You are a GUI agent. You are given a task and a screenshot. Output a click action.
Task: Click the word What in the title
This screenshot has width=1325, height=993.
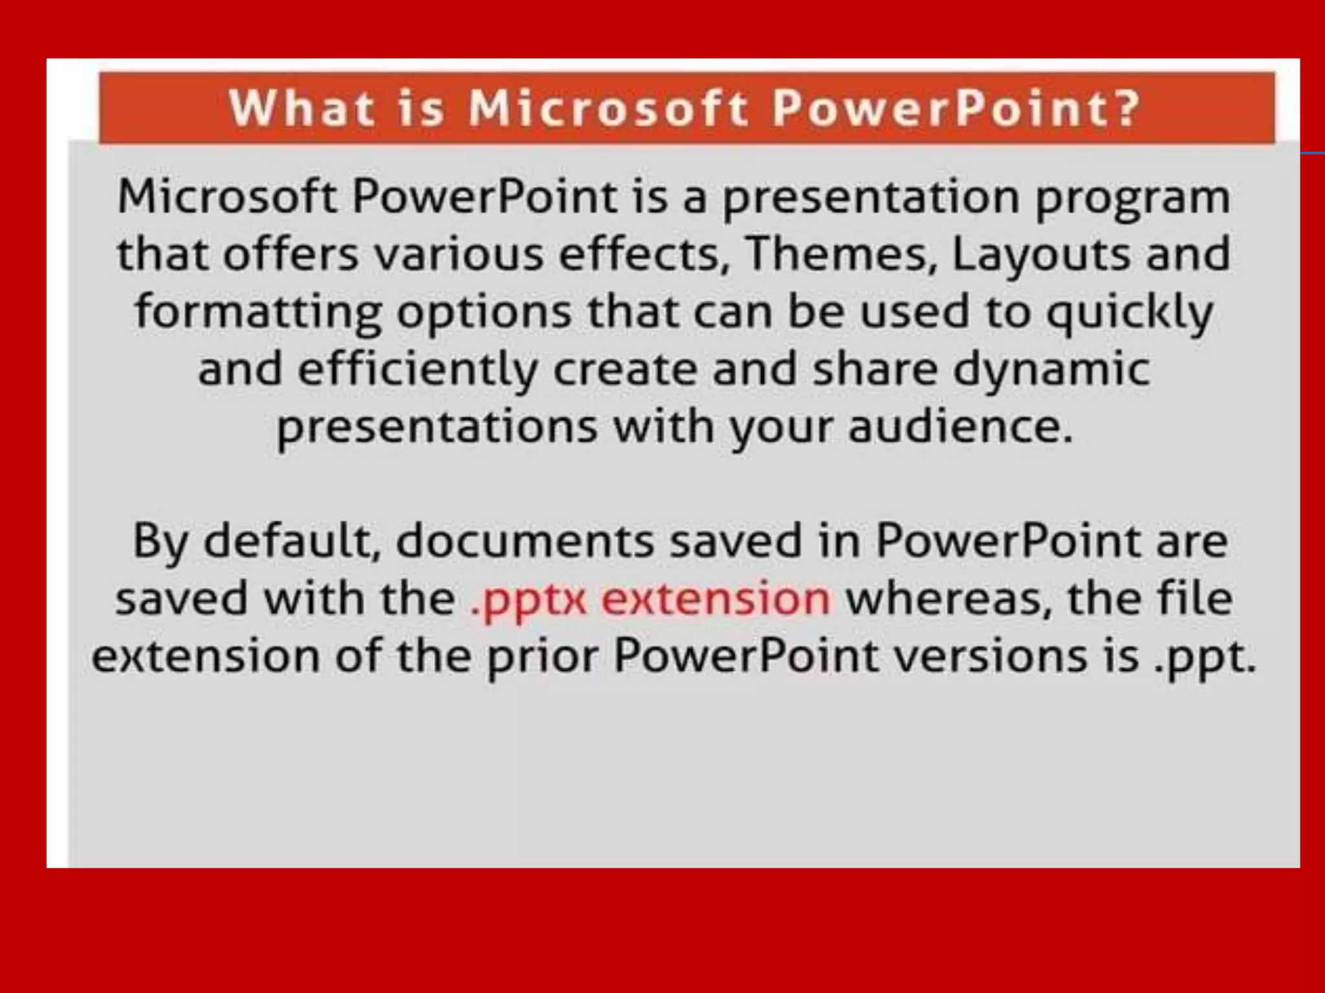(301, 108)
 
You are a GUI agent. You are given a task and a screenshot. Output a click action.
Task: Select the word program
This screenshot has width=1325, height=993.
(1133, 198)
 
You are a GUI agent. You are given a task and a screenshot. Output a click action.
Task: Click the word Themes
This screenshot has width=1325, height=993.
(842, 253)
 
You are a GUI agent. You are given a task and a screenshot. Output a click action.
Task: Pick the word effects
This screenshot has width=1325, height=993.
(639, 253)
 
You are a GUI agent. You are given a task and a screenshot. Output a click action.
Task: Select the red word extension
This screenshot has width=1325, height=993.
(716, 598)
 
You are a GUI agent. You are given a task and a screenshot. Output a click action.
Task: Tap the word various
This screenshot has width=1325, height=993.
(459, 253)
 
